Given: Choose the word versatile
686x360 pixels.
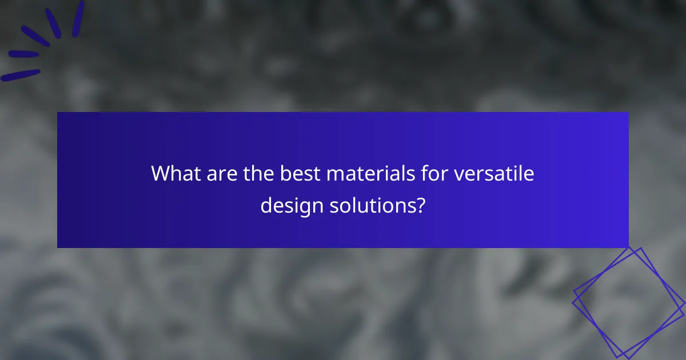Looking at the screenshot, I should pyautogui.click(x=494, y=174).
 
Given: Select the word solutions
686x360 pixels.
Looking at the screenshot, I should pyautogui.click(x=370, y=205).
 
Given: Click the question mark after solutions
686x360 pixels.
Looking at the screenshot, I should pyautogui.click(x=420, y=205).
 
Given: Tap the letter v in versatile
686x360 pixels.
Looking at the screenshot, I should pyautogui.click(x=459, y=175).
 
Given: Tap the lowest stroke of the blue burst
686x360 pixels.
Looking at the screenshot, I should pyautogui.click(x=21, y=75).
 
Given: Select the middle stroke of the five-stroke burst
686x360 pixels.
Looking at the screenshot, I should pyautogui.click(x=35, y=35).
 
